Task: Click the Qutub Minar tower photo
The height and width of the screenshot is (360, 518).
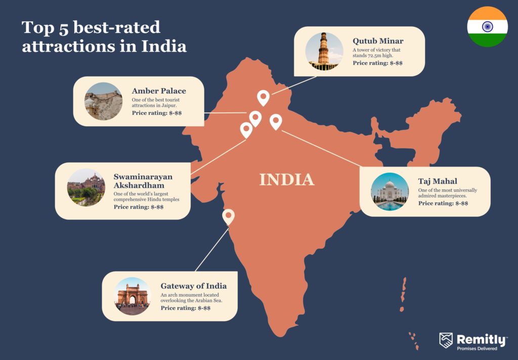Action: click(324, 51)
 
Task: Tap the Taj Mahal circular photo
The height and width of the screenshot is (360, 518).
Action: click(390, 192)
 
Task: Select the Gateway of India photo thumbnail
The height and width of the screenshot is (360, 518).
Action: click(133, 296)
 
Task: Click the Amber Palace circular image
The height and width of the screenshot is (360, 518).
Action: click(103, 101)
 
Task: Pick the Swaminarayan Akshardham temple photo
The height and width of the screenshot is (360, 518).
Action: click(86, 187)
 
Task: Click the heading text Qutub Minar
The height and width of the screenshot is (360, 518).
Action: click(378, 41)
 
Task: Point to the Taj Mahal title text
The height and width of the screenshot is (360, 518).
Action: click(438, 181)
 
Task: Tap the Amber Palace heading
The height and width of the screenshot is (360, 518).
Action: click(159, 91)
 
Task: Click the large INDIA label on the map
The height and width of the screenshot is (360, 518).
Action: click(287, 180)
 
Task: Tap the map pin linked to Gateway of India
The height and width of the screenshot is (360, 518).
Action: click(229, 216)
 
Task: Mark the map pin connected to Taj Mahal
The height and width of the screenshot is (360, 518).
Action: click(275, 121)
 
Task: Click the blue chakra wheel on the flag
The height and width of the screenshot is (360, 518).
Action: click(487, 27)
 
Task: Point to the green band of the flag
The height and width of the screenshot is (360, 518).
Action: click(487, 41)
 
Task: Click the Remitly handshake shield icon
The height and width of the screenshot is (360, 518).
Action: click(446, 340)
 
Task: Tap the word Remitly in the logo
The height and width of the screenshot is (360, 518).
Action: click(481, 339)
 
